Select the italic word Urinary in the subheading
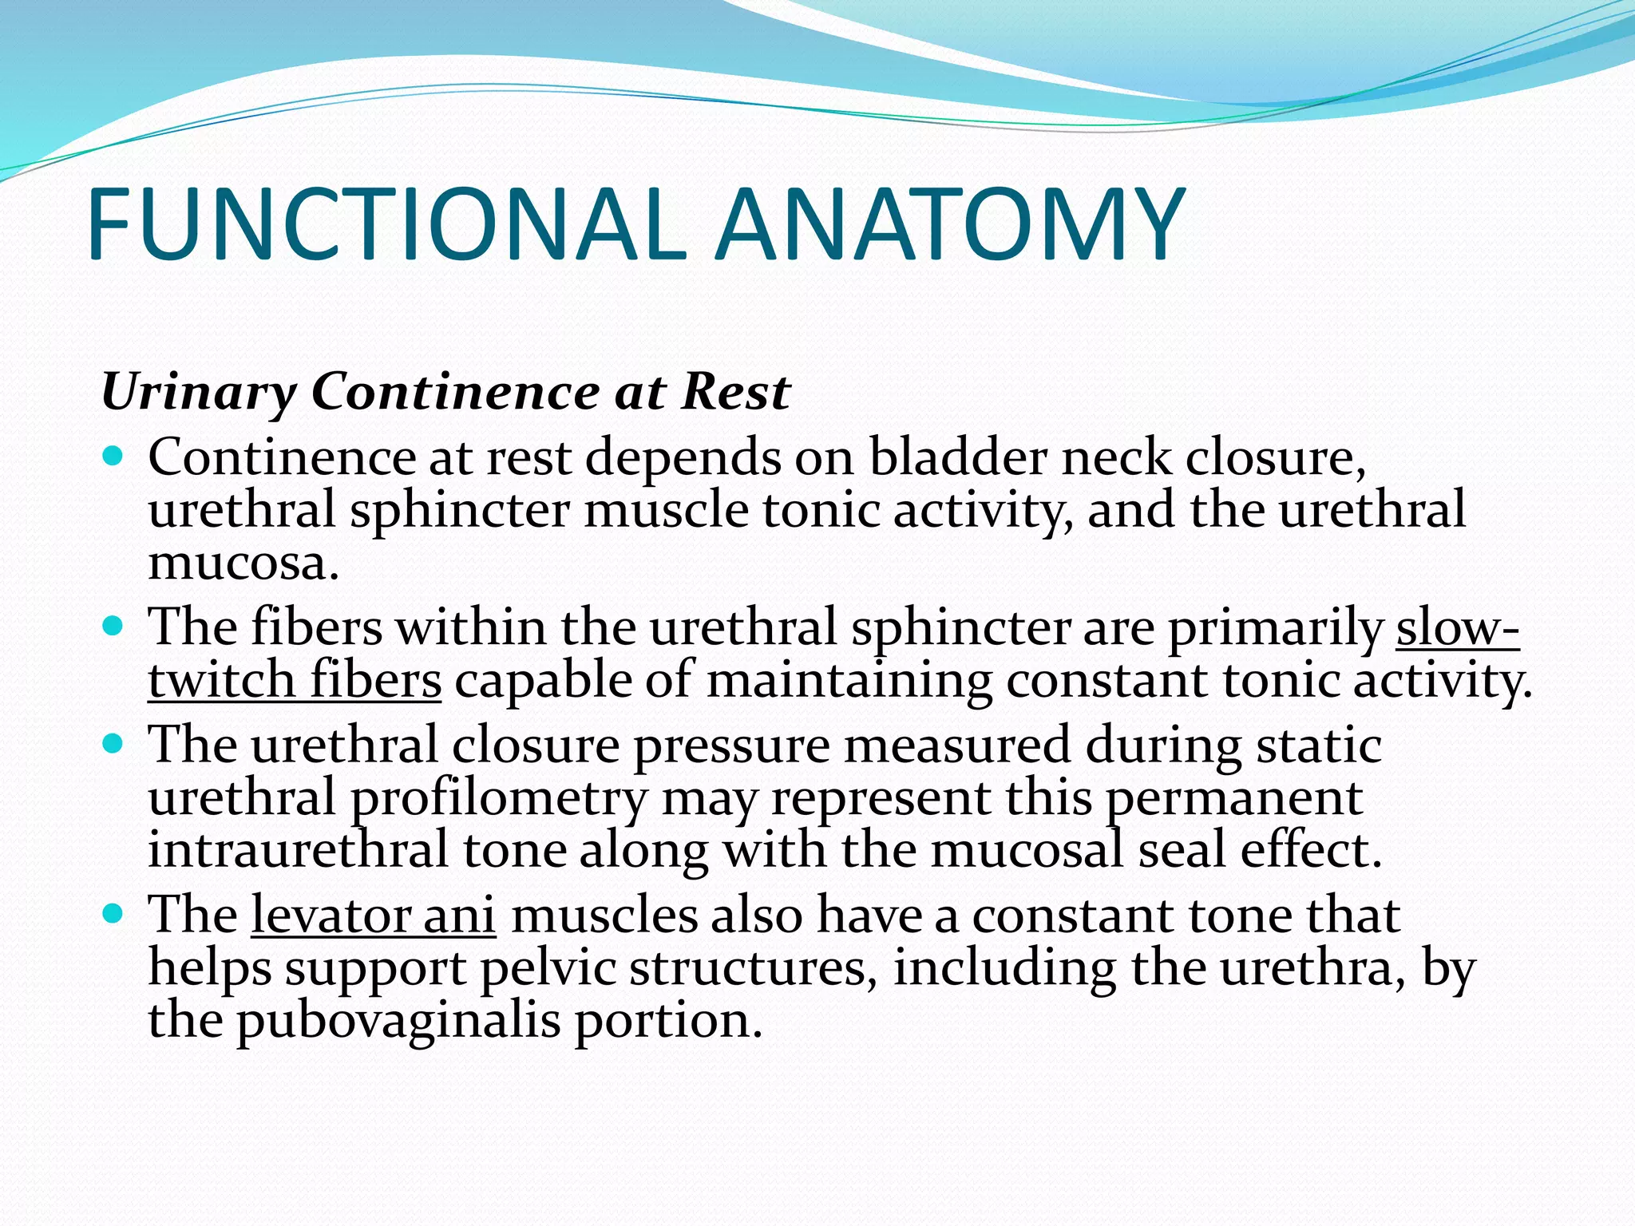(x=198, y=394)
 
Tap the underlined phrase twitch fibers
(x=295, y=681)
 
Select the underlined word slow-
(x=1458, y=628)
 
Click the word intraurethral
(x=298, y=850)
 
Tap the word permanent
(x=1234, y=799)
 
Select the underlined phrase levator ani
(x=374, y=916)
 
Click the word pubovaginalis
(x=398, y=1022)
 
